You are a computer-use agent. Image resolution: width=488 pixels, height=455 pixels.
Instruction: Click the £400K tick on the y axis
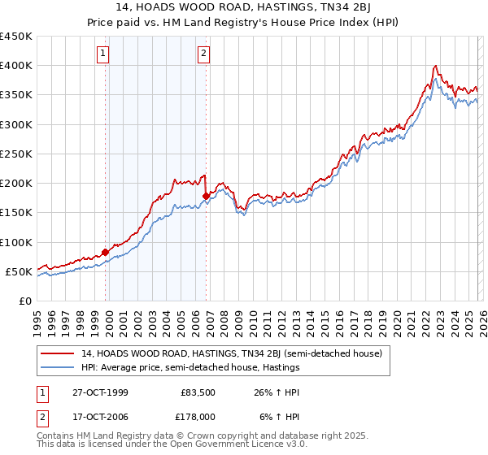pos(16,66)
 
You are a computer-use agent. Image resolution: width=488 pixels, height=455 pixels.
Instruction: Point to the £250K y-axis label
pos(16,154)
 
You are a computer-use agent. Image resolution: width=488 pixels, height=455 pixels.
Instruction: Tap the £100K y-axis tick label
pos(16,242)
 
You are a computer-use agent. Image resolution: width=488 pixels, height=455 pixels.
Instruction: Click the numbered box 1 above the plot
pos(104,54)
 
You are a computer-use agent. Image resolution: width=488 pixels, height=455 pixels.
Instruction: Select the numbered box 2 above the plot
pos(203,54)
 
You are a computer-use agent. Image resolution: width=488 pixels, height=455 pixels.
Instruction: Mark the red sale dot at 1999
pos(106,251)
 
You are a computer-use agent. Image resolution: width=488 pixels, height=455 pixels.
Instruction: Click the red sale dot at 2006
pos(207,196)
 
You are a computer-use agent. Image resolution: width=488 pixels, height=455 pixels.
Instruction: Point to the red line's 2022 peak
pos(437,66)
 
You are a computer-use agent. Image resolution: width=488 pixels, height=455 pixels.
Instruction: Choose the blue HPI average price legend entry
pos(190,367)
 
